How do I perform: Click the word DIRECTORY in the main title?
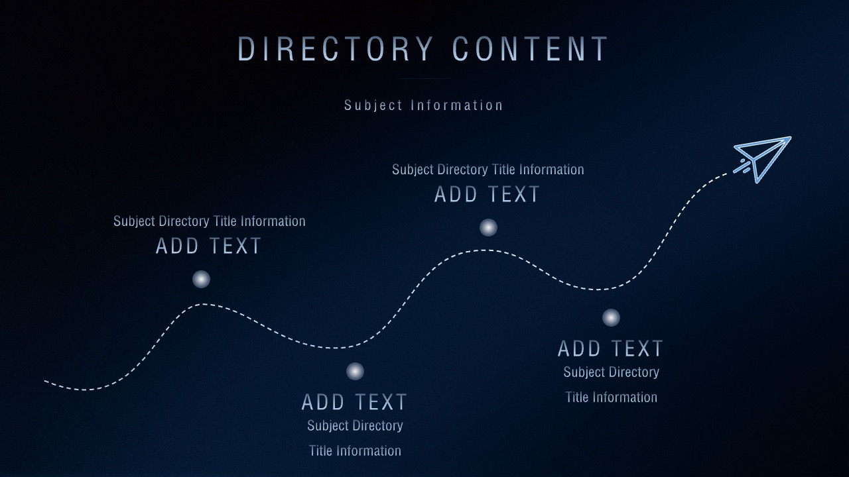coord(336,49)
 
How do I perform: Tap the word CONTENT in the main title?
coord(530,49)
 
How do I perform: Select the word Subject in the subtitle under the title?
coord(373,105)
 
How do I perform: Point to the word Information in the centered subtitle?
coord(457,105)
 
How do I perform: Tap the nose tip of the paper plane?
coord(791,137)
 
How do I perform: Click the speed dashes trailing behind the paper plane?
coord(742,166)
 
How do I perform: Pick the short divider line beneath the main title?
coord(424,78)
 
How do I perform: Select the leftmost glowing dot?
coord(201,280)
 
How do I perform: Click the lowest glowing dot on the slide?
coord(355,372)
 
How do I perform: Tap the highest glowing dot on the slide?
coord(489,227)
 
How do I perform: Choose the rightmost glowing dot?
coord(611,317)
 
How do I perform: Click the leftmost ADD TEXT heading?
coord(208,246)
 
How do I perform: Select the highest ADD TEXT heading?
coord(487,194)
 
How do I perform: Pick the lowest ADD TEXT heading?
coord(354,402)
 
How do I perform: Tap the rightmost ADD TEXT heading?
coord(610,348)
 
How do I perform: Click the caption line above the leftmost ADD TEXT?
coord(209,221)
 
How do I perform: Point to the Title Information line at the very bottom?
coord(355,451)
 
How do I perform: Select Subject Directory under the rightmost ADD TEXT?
coord(612,372)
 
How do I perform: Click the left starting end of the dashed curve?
coord(45,381)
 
